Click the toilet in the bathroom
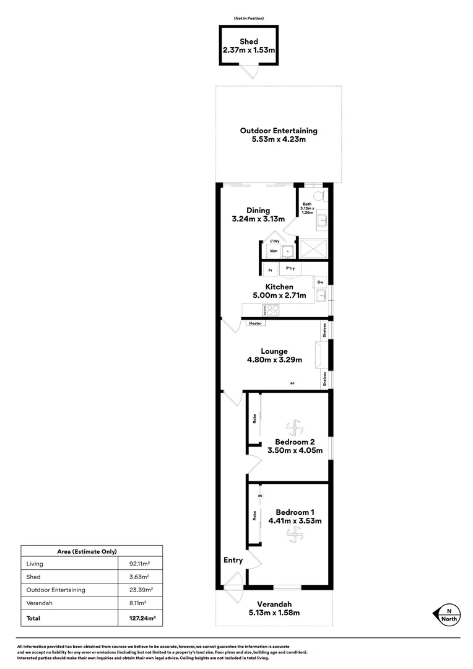pos(319,196)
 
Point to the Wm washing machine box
pos(273,251)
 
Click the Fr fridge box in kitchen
pos(270,271)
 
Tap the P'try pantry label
pos(290,269)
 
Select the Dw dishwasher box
pos(320,282)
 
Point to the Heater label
pos(256,323)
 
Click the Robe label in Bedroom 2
pos(254,419)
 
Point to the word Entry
pos(233,560)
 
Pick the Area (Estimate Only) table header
pos(92,551)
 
